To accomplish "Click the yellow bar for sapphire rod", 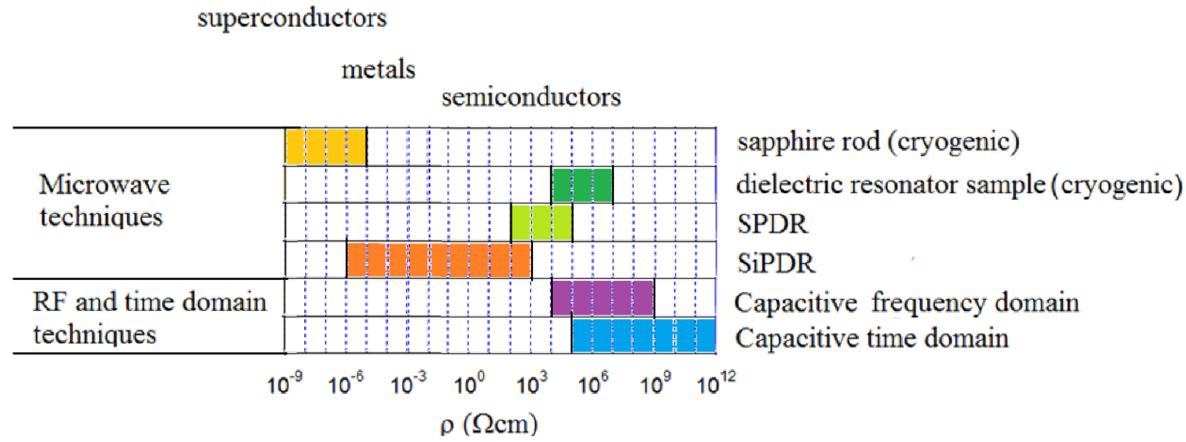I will pyautogui.click(x=326, y=147).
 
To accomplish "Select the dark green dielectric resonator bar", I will pyautogui.click(x=582, y=185).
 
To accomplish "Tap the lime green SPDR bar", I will pyautogui.click(x=542, y=223).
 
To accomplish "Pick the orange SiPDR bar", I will pyautogui.click(x=439, y=260).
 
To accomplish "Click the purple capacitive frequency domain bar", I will pyautogui.click(x=603, y=298).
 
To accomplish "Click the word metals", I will pyautogui.click(x=378, y=70).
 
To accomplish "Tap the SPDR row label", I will pyautogui.click(x=773, y=224).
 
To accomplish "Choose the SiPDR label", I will pyautogui.click(x=776, y=264).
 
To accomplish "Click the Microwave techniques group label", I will pyautogui.click(x=104, y=201).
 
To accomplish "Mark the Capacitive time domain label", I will pyautogui.click(x=871, y=338).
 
